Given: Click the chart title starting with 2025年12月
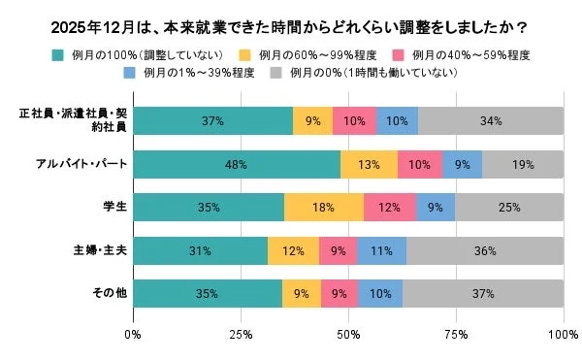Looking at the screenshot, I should point(291,25).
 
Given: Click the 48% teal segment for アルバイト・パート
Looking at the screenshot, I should point(236,165).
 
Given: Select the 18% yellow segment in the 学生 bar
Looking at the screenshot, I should point(323,208).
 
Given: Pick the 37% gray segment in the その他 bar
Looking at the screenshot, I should point(482,293).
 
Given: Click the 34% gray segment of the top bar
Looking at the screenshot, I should point(490,121).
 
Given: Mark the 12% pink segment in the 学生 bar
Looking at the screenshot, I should point(389,208).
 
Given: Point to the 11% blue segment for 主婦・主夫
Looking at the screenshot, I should point(381,250).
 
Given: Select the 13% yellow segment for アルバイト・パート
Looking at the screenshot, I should point(369,165).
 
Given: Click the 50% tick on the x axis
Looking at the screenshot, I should point(348,335).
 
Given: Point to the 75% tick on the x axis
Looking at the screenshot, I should point(456,335).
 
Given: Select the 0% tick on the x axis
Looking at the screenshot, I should point(133,335).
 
